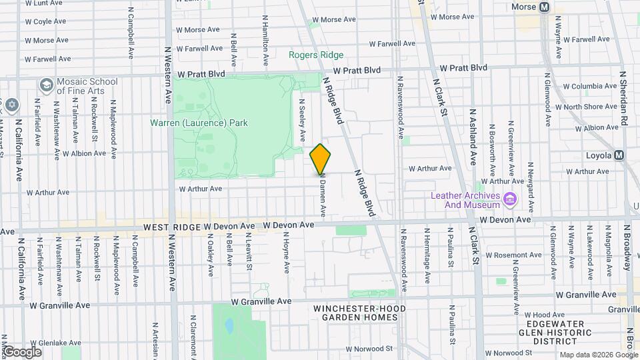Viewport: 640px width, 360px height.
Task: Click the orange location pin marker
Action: (321, 159)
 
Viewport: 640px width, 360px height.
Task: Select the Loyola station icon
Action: (619, 155)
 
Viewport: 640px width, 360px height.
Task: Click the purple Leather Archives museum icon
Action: (510, 198)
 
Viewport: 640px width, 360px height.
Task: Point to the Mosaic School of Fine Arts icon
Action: (46, 85)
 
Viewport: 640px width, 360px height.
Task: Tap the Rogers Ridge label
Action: (316, 55)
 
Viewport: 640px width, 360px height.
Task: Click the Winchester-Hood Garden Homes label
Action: (355, 313)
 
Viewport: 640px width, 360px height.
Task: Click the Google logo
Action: (22, 351)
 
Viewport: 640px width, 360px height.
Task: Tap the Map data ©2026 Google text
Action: (599, 355)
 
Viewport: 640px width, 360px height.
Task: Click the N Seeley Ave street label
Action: (302, 121)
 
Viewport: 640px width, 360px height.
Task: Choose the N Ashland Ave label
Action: (473, 137)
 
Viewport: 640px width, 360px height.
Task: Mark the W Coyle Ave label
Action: (45, 21)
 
